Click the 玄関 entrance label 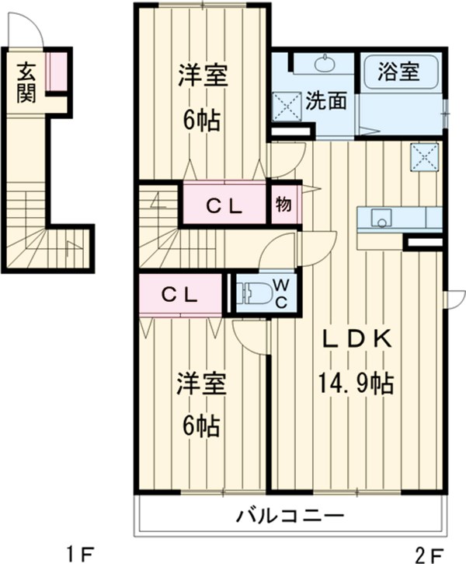[26, 82]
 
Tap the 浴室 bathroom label [399, 72]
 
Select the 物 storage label [283, 205]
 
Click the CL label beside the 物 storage [225, 206]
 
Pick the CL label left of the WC [180, 294]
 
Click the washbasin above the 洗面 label [324, 64]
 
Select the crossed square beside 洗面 [286, 107]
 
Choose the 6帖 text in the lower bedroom [201, 426]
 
